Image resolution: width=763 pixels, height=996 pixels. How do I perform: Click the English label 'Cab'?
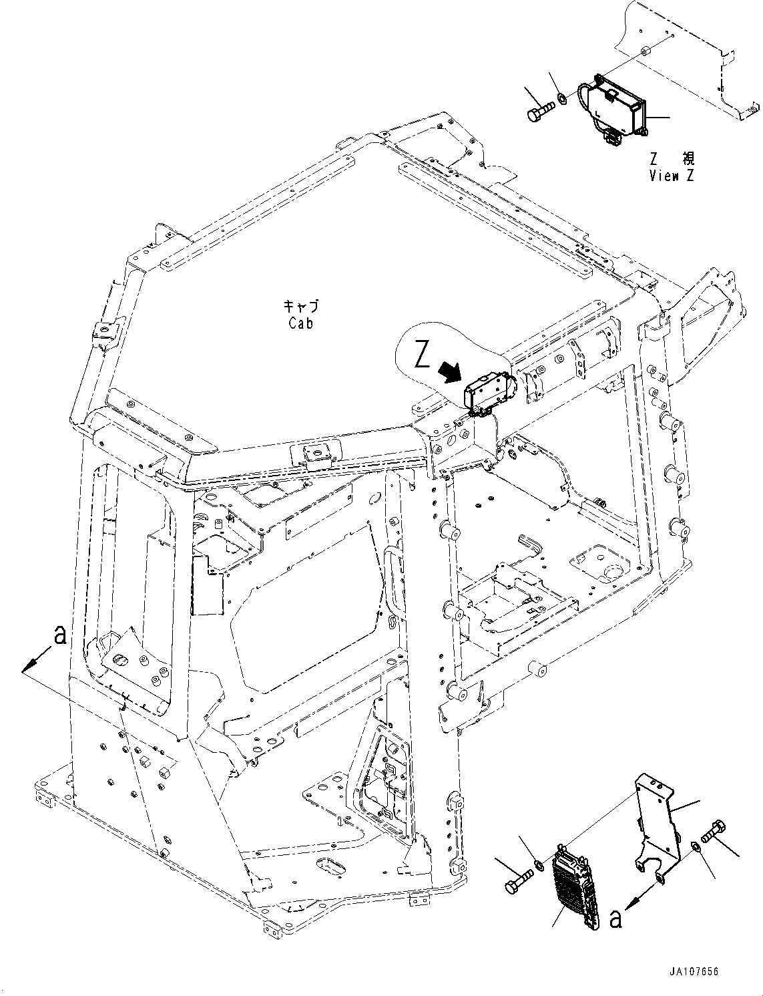[301, 323]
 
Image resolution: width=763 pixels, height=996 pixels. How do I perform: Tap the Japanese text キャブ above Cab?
[301, 307]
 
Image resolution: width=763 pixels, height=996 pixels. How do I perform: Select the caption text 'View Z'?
[672, 176]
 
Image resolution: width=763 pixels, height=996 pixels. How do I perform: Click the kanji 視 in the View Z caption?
[688, 159]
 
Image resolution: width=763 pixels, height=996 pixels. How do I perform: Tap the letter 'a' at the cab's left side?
[59, 635]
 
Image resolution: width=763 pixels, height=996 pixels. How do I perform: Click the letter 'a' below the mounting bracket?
[615, 919]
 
